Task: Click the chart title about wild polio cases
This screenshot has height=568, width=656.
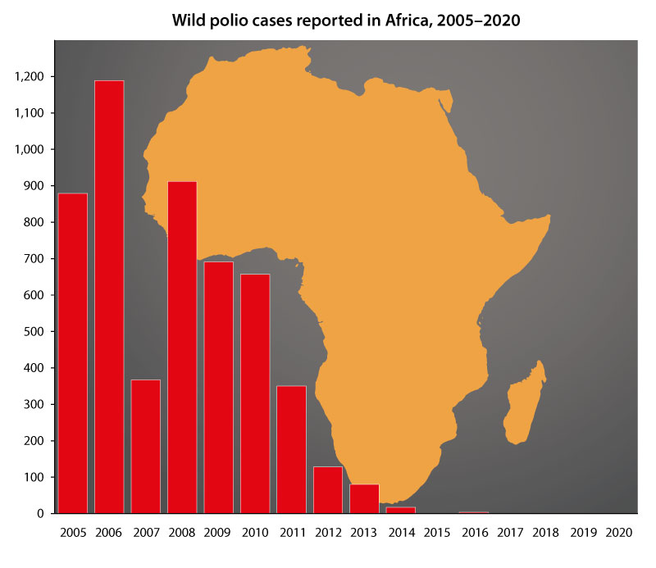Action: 345,20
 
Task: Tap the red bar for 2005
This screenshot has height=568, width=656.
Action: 73,353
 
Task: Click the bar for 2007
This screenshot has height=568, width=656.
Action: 145,447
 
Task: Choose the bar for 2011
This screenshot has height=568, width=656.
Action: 291,449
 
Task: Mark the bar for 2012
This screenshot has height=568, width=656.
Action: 328,489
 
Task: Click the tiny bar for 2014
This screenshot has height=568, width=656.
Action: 400,510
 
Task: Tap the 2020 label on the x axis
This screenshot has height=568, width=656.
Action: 618,533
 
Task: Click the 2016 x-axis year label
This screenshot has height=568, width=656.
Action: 473,533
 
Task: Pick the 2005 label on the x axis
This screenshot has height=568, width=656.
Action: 73,533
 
